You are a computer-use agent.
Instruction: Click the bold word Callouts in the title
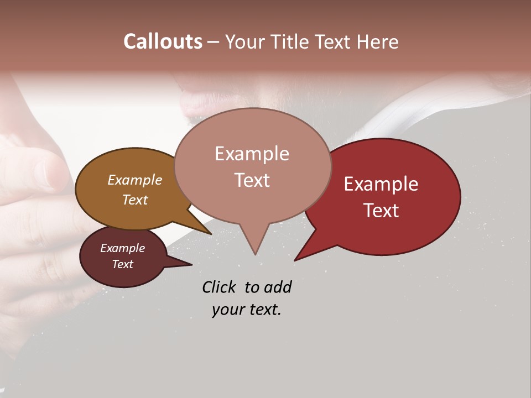coord(163,41)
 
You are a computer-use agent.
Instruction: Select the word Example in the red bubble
coord(381,184)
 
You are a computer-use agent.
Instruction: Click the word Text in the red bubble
coord(381,211)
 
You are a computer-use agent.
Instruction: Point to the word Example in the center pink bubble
coord(252,154)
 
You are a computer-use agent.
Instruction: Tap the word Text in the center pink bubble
coord(252,180)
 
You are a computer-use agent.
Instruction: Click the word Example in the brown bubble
coord(134,180)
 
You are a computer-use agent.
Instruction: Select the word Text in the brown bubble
coord(134,200)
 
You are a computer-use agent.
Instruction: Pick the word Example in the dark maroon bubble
coord(122,248)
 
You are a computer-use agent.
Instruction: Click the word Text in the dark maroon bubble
coord(122,264)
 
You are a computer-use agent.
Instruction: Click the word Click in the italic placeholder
coord(220,287)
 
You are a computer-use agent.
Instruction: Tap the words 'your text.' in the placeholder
coord(247,310)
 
